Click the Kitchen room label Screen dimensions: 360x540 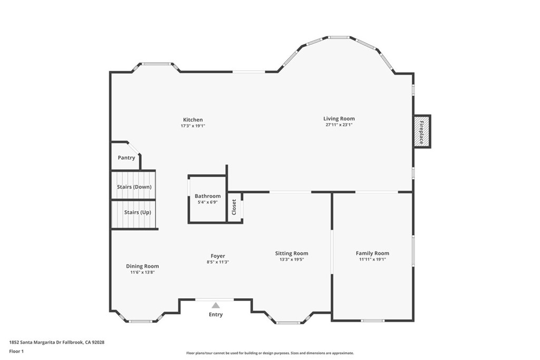pyautogui.click(x=192, y=120)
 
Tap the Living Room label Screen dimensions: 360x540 pyautogui.click(x=339, y=119)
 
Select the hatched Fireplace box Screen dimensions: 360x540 pyautogui.click(x=422, y=131)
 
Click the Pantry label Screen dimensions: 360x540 pyautogui.click(x=126, y=158)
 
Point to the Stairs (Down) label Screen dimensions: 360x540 pyautogui.click(x=134, y=187)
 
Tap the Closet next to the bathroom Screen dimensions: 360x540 pyautogui.click(x=234, y=207)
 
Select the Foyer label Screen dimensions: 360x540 pyautogui.click(x=217, y=256)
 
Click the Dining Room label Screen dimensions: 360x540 pyautogui.click(x=142, y=266)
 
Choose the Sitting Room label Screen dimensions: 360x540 pyautogui.click(x=292, y=254)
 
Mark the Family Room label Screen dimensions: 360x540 pyautogui.click(x=372, y=254)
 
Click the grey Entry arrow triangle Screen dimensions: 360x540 pyautogui.click(x=215, y=305)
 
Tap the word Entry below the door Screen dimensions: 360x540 pyautogui.click(x=216, y=315)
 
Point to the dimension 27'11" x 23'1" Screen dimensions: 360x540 pyautogui.click(x=339, y=125)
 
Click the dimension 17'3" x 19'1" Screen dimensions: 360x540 pyautogui.click(x=192, y=126)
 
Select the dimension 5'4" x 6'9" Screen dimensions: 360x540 pyautogui.click(x=207, y=202)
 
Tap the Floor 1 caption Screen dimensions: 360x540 pyautogui.click(x=17, y=351)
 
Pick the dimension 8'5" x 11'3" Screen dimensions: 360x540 pyautogui.click(x=217, y=262)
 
